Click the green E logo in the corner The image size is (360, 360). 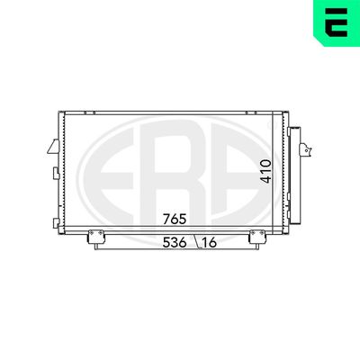[x=336, y=23]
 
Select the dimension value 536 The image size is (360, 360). [x=175, y=242]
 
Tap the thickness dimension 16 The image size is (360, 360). [x=210, y=242]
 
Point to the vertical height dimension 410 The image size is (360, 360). [x=265, y=171]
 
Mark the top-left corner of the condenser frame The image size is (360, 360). [x=58, y=112]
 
